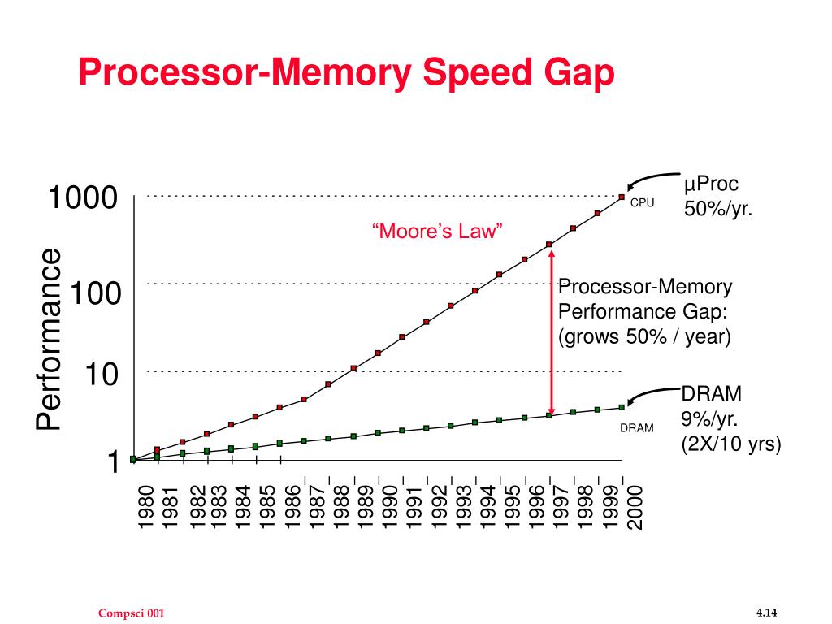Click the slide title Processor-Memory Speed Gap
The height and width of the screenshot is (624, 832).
click(x=347, y=74)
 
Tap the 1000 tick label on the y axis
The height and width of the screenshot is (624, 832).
click(x=83, y=198)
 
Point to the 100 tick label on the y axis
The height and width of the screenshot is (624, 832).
click(x=95, y=293)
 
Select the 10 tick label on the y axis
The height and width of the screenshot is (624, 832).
click(x=102, y=375)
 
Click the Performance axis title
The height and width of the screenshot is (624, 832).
click(x=49, y=340)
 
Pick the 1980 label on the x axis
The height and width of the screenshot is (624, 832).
click(x=145, y=506)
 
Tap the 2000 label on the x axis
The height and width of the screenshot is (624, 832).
click(x=635, y=506)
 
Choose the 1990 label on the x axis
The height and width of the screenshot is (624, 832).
click(x=390, y=506)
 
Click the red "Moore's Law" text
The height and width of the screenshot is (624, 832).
click(x=438, y=232)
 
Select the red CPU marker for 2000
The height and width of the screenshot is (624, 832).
click(x=622, y=197)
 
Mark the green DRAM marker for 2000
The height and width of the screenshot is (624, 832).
click(x=622, y=407)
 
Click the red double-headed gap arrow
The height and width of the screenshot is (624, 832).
click(x=551, y=333)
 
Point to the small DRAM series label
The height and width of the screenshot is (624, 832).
click(x=637, y=428)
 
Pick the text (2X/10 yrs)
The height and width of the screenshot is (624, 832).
click(x=730, y=444)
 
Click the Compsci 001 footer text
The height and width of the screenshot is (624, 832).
click(x=132, y=613)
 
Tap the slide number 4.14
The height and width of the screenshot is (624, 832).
click(x=767, y=612)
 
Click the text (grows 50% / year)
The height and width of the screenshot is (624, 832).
click(x=644, y=336)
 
